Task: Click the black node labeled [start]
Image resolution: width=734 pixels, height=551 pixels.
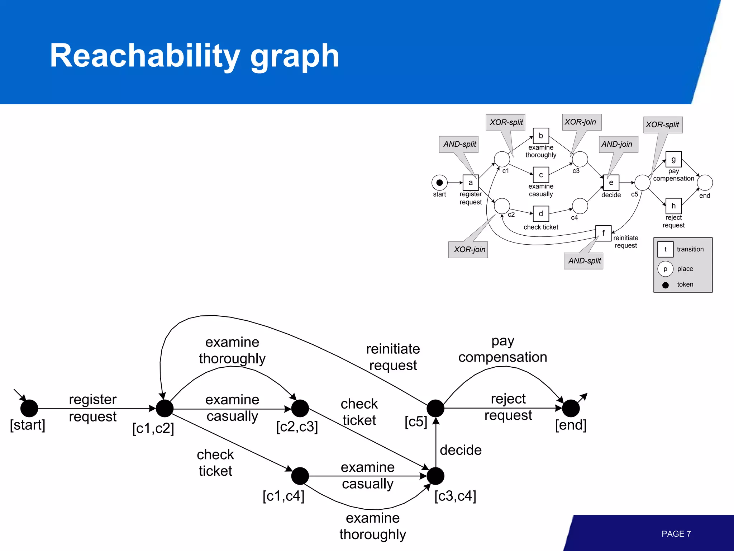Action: (29, 408)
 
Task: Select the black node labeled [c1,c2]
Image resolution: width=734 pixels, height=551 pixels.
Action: (165, 408)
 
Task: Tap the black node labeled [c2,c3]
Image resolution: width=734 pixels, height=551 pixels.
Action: (300, 408)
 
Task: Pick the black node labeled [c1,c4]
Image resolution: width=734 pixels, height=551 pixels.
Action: (300, 476)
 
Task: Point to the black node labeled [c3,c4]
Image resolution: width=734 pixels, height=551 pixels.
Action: (435, 476)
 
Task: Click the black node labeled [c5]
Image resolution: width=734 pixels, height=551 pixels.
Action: (435, 408)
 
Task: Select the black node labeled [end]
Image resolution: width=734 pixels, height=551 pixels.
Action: (571, 408)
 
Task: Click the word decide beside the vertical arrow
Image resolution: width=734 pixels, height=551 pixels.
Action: (461, 450)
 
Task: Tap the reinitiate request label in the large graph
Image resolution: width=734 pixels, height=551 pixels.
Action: (393, 357)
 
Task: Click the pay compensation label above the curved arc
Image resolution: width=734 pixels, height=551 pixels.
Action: (502, 349)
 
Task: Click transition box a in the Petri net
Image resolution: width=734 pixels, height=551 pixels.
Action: (471, 183)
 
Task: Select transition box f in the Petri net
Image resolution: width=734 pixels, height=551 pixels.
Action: (603, 233)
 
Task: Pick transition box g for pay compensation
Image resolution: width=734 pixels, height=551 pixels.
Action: (673, 159)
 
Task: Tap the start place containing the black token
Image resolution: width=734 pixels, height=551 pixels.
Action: (439, 183)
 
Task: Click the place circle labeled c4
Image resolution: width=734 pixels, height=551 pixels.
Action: (580, 206)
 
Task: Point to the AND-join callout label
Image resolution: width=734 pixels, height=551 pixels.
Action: (617, 144)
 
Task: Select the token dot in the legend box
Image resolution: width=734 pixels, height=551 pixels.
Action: (666, 285)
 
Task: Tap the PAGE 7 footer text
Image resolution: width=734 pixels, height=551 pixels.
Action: (676, 534)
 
